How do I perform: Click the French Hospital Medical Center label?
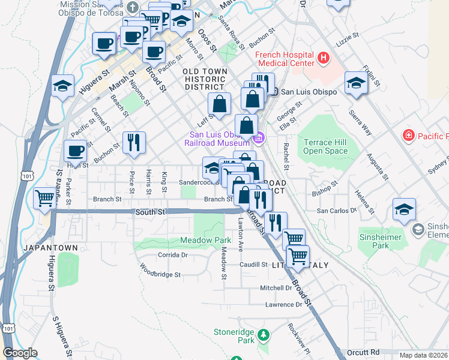tap(285, 58)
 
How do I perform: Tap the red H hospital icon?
tap(324, 58)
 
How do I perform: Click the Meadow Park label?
tap(197, 241)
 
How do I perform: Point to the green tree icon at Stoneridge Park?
tap(262, 334)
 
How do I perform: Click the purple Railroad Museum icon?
tap(259, 139)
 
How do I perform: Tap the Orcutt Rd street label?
tap(363, 352)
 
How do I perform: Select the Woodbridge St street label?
tap(160, 274)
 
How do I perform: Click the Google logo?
tap(20, 353)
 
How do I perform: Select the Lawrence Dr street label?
tap(284, 305)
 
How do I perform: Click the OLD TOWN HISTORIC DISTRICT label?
tap(205, 79)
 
